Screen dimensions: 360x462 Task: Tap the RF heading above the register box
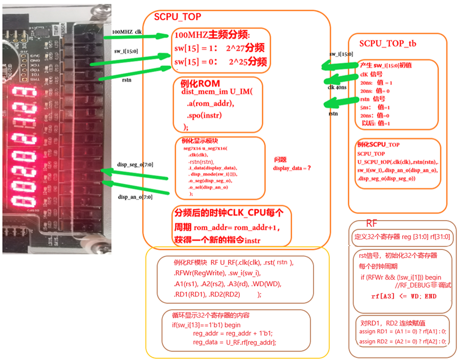point(372,223)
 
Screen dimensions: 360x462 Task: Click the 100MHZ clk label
point(127,32)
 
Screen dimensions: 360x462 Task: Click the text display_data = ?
point(292,168)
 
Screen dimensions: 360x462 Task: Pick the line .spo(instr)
point(205,115)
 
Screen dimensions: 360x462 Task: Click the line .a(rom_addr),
point(210,104)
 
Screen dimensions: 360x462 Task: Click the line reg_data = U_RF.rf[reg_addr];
point(234,342)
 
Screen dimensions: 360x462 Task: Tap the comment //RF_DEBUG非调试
point(423,286)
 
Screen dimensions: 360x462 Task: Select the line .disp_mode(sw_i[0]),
point(214,174)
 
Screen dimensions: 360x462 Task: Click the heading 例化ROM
point(198,84)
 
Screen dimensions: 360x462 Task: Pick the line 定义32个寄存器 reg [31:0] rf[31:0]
point(402,236)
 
